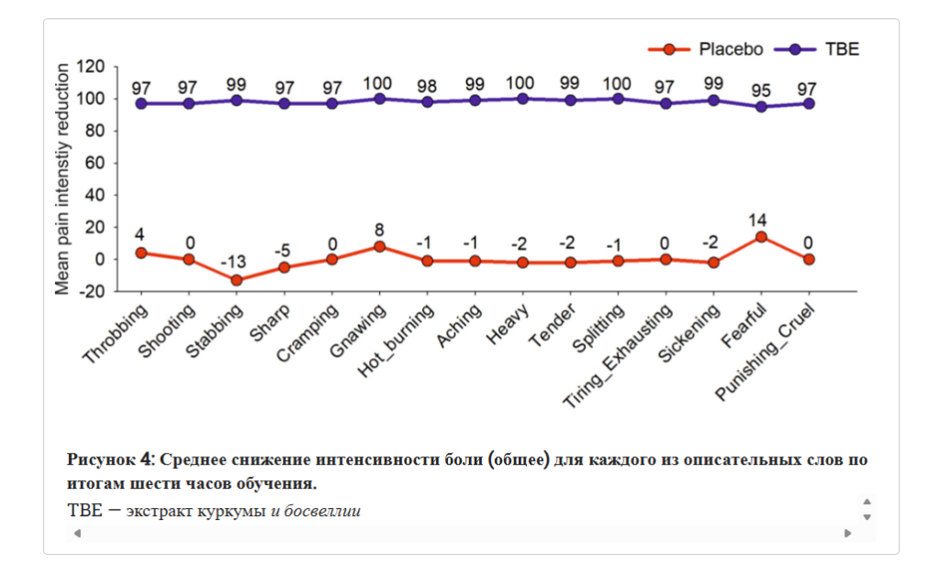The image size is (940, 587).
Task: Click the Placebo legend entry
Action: click(x=706, y=50)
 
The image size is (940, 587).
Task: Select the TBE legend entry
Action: click(x=816, y=50)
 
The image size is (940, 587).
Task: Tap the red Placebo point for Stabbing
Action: click(x=236, y=280)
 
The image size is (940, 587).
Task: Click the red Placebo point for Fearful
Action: click(x=761, y=237)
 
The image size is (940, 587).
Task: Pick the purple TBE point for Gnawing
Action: click(x=379, y=99)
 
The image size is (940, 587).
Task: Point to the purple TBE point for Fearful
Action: click(x=761, y=107)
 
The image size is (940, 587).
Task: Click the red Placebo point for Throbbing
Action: click(x=140, y=254)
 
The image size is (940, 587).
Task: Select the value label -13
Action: click(x=233, y=263)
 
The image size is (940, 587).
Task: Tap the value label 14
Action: click(x=757, y=220)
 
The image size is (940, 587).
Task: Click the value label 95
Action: click(x=761, y=91)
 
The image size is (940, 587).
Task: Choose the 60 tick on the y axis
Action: click(x=95, y=164)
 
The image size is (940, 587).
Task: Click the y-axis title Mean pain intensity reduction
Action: click(x=62, y=179)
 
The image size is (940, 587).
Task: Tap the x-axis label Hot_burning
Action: click(x=397, y=340)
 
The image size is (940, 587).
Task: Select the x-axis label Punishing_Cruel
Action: click(x=766, y=352)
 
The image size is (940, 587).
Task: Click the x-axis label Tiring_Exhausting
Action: click(x=618, y=356)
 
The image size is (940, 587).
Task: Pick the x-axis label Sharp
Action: click(x=270, y=322)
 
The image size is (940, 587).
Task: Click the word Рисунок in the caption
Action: click(x=101, y=459)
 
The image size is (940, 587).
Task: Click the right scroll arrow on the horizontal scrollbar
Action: click(x=847, y=533)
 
